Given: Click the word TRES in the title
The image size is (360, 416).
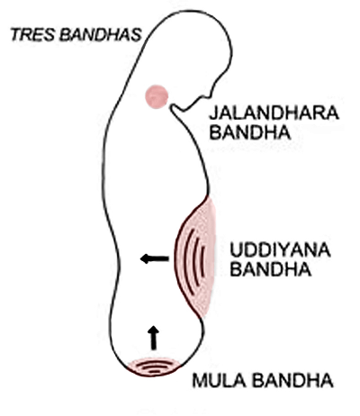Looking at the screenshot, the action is coord(32,34).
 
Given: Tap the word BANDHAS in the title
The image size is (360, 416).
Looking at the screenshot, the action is coord(101,34).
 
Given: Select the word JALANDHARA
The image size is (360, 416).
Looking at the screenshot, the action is coord(274,113).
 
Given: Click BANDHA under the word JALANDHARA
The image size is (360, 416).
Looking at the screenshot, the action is coord(250,132).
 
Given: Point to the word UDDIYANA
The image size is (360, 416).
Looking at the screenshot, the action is coord(280,250).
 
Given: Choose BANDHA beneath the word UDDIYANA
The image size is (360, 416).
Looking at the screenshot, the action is coord(271,269).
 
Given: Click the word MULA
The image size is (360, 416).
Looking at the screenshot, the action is coord(219,381).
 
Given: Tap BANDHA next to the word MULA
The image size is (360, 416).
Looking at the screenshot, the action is coord(292,381).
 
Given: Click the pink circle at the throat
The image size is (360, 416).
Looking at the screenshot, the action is coord(157,96).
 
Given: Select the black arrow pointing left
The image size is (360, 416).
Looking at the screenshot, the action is coord(155,258).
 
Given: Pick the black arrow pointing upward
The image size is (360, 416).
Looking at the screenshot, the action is coord(154,338).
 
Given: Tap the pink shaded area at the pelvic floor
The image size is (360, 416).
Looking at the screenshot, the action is coord(154,367).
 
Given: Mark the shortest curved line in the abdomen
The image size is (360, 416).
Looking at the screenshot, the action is coord(203,260).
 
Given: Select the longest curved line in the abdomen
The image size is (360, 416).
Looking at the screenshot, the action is coord(185,261).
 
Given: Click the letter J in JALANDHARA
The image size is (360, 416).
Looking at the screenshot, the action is coord(213,113).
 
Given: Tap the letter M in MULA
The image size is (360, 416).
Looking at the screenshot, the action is coord(200,381).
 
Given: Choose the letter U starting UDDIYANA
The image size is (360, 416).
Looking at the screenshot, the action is coord(236,251).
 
